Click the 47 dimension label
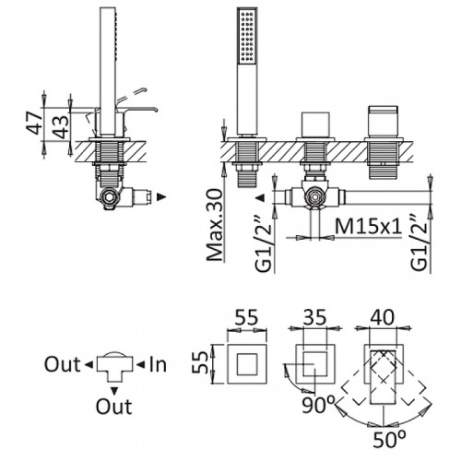35,123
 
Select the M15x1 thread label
369,227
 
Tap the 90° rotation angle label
318,405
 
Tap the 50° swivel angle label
389,440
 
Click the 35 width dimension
315,317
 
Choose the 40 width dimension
382,317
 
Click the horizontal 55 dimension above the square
247,317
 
